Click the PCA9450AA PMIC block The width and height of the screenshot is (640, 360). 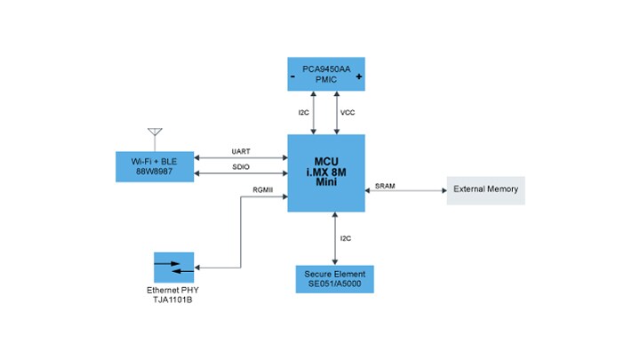(325, 73)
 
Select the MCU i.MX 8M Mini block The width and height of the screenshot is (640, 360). (325, 172)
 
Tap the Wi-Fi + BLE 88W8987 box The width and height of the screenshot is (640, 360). (155, 166)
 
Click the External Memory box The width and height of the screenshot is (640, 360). (485, 190)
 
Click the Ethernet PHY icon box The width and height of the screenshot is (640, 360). (173, 268)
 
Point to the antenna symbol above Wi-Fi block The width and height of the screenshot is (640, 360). (155, 137)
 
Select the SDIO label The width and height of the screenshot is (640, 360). (241, 166)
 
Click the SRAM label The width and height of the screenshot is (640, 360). (385, 185)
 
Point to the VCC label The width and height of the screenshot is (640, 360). (348, 112)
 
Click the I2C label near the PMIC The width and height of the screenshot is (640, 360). (303, 112)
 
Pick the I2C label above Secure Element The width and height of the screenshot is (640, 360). (347, 239)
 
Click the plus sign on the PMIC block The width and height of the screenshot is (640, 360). (358, 77)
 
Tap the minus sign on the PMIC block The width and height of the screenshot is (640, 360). (293, 77)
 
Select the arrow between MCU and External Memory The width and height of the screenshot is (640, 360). (405, 190)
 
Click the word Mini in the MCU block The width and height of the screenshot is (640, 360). (325, 181)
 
